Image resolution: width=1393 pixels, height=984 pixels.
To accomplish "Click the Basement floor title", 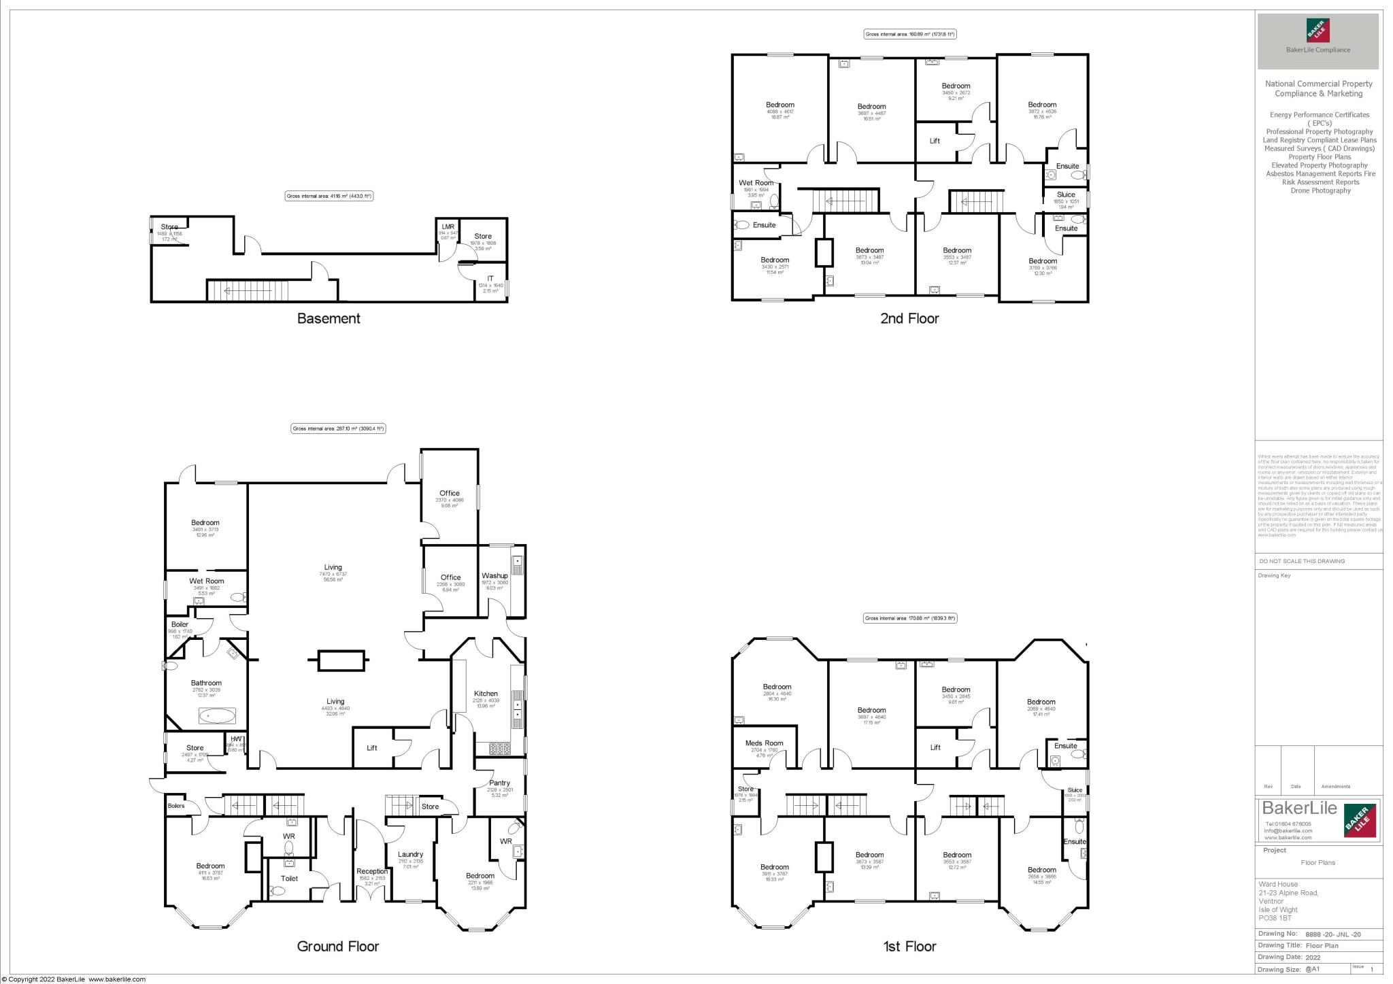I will [x=329, y=318].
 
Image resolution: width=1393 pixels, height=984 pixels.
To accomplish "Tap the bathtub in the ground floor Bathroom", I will [x=218, y=716].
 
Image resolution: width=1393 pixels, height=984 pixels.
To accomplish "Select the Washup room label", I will [x=494, y=575].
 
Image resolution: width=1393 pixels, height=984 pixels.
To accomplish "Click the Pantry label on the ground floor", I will [x=499, y=783].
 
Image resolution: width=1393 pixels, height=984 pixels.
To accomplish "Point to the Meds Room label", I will [x=764, y=743].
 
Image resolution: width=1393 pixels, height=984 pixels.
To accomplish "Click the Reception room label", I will [x=371, y=871].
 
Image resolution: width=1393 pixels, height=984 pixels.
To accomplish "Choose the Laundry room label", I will [x=410, y=854].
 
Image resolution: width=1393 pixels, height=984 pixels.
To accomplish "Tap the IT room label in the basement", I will [x=490, y=279].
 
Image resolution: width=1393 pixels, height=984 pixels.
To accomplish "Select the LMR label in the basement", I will [x=448, y=226].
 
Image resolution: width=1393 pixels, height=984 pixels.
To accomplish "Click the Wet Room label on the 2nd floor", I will [x=756, y=183].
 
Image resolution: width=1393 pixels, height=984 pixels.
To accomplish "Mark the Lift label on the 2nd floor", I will [x=935, y=141].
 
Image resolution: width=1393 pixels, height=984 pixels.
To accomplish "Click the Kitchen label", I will [x=486, y=694].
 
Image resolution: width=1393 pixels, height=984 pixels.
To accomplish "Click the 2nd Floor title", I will [x=909, y=318].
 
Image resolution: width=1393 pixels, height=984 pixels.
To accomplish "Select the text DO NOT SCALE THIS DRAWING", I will [x=1302, y=561].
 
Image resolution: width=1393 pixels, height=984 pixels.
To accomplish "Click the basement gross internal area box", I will [x=329, y=196].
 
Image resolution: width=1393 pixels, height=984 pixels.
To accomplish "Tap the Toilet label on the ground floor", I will [x=289, y=878].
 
